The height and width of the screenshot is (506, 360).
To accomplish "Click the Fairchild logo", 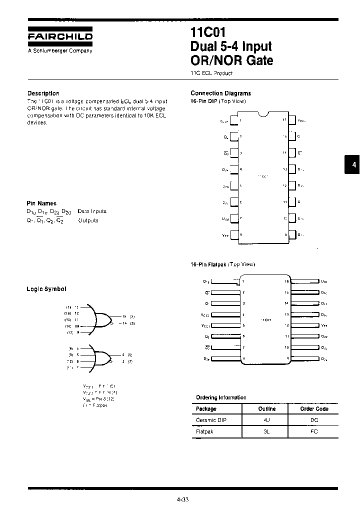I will (x=59, y=36).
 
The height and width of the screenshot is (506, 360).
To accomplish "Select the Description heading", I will (x=43, y=93).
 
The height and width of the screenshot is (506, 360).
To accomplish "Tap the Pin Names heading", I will (x=41, y=203).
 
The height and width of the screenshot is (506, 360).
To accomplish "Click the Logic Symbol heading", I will (x=46, y=289).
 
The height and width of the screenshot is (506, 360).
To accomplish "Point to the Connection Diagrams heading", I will (x=220, y=93).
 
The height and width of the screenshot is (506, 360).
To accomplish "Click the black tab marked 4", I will (x=352, y=165).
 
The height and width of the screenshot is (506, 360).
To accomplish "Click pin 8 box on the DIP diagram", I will (x=233, y=234).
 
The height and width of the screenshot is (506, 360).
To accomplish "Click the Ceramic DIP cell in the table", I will (x=210, y=420).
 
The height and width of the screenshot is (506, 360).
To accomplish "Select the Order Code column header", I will (x=314, y=409).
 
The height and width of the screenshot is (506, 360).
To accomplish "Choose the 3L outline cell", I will (x=266, y=431).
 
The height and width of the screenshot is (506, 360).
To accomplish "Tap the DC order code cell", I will (x=314, y=420).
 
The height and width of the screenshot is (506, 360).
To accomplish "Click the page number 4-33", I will (x=183, y=499).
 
